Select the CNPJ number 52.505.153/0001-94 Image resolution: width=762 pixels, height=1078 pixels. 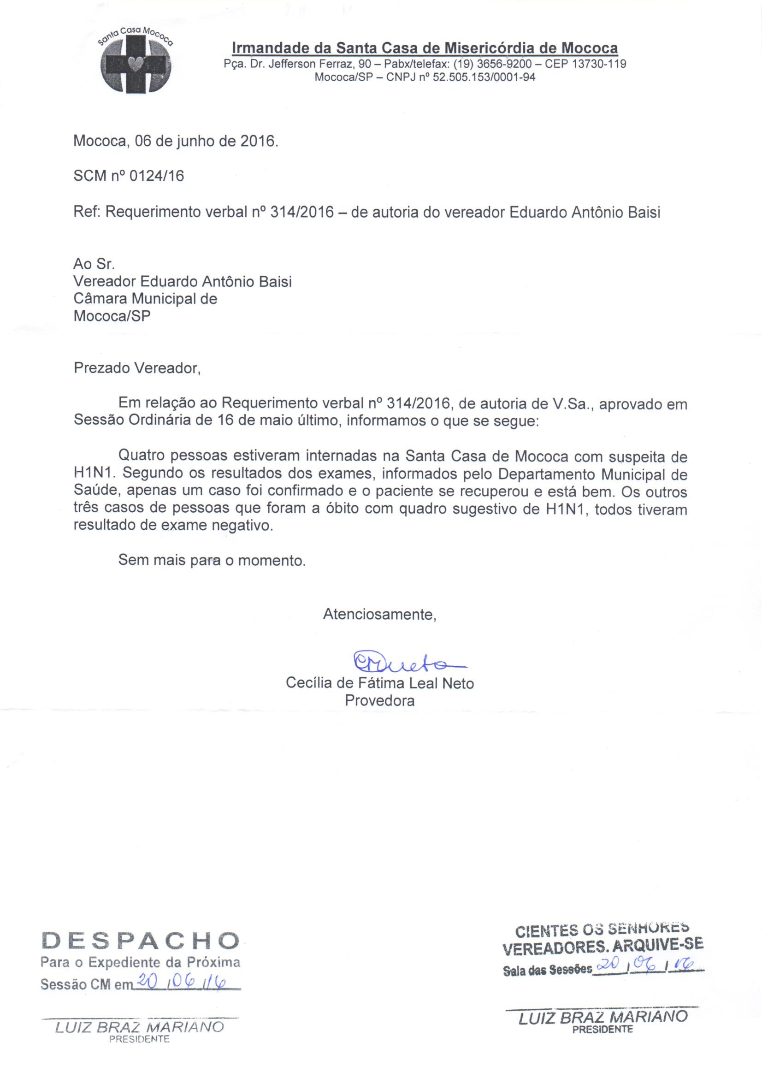click(x=484, y=77)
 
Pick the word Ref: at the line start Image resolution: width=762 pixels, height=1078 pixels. click(x=87, y=212)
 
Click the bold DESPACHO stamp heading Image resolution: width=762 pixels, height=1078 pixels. click(x=141, y=940)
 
